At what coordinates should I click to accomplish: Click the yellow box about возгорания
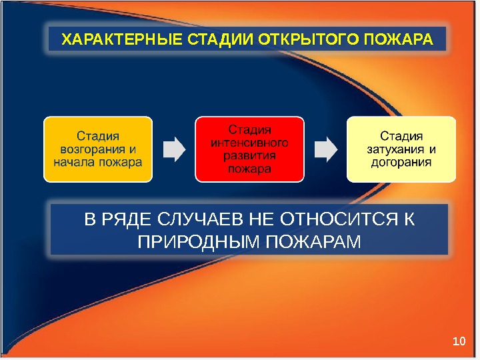(x=98, y=149)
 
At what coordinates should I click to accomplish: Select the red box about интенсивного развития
(x=249, y=149)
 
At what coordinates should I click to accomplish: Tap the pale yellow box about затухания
(x=401, y=149)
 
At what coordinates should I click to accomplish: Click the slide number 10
(x=457, y=342)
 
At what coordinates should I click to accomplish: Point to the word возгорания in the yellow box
(x=92, y=149)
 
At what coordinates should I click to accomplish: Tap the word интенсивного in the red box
(x=249, y=142)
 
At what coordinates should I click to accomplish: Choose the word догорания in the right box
(x=401, y=162)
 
